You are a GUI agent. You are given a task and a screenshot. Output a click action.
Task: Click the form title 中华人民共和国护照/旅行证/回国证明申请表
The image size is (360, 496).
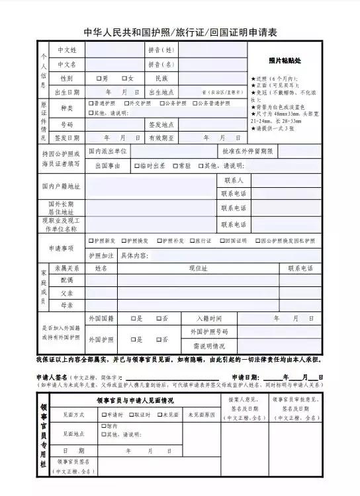point(180,32)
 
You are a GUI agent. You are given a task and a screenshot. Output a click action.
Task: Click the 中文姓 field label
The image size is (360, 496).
point(67,50)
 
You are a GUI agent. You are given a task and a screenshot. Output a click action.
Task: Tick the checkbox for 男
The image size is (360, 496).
point(99,78)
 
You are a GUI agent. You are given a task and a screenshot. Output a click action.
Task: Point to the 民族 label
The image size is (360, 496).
point(161,78)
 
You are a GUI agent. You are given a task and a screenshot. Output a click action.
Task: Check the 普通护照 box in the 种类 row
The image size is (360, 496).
point(91,103)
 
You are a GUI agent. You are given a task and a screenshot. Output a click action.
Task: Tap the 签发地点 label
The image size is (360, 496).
point(161,124)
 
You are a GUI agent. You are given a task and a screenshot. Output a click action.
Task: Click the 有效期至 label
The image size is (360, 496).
point(161,138)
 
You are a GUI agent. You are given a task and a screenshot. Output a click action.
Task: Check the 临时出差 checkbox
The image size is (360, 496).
point(137,166)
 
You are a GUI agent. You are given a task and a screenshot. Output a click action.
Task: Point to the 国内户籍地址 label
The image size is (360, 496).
point(61,186)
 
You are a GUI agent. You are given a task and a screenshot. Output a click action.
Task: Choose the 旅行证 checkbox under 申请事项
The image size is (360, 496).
point(193,241)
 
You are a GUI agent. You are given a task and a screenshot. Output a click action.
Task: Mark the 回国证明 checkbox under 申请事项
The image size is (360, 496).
point(224,241)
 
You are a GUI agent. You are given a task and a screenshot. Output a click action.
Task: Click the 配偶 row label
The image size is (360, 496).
point(67,280)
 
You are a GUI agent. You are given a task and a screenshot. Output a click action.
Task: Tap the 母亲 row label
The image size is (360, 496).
point(67,305)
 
